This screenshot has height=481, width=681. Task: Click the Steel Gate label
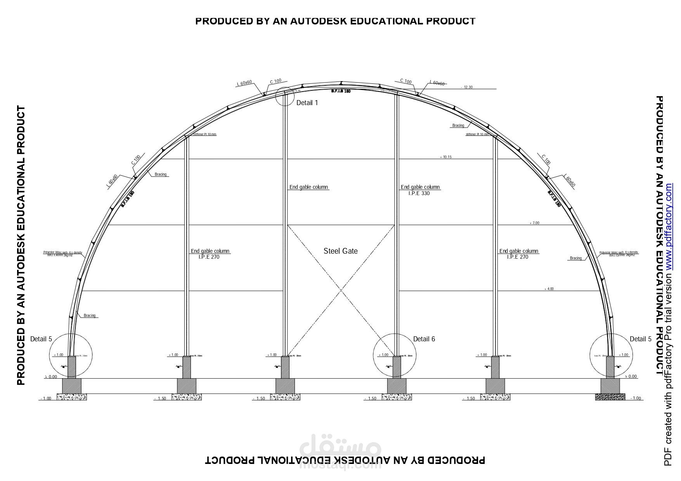point(340,251)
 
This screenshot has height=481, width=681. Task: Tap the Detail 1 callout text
point(307,103)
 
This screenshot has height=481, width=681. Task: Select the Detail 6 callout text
point(424,339)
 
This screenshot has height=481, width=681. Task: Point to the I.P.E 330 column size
point(419,193)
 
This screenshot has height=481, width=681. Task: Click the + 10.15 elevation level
point(445,157)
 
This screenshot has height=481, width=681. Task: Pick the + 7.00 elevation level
point(534,223)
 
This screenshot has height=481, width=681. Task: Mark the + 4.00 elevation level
point(549,289)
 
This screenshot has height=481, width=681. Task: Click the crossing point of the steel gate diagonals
point(341,290)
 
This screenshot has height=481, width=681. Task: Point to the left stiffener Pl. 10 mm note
point(204,134)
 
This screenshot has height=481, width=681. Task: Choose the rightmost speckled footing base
point(610,396)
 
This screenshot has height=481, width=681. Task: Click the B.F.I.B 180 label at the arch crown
point(341,91)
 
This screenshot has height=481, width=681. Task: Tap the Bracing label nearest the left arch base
point(90,315)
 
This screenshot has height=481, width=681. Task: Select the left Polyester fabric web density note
point(63,254)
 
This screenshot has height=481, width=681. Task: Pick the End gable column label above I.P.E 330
point(420,187)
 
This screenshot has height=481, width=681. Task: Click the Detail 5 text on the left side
point(41,339)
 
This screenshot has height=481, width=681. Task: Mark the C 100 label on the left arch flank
point(136,160)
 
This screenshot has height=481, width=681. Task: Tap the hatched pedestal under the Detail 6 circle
point(397,367)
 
